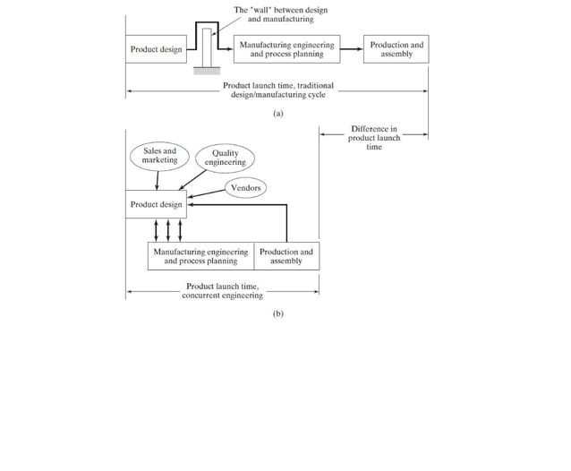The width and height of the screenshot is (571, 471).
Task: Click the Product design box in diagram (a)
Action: (x=156, y=49)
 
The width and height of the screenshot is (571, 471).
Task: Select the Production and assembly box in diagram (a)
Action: (x=396, y=49)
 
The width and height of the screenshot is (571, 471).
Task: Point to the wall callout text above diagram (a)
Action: (x=280, y=14)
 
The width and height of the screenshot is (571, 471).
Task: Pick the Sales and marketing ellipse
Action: (x=160, y=156)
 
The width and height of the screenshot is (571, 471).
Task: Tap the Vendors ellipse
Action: (x=245, y=188)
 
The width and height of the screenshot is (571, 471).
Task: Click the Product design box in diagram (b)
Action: (x=156, y=204)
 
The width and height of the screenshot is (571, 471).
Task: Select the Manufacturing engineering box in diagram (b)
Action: (x=200, y=257)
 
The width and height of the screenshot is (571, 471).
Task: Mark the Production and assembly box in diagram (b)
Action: (x=286, y=257)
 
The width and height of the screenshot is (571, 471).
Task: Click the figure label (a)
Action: (x=277, y=114)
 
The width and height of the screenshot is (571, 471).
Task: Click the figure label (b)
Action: (x=277, y=314)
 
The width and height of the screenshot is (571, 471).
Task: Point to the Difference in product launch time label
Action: (x=374, y=138)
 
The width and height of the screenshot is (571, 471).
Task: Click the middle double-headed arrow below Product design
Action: (x=169, y=229)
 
